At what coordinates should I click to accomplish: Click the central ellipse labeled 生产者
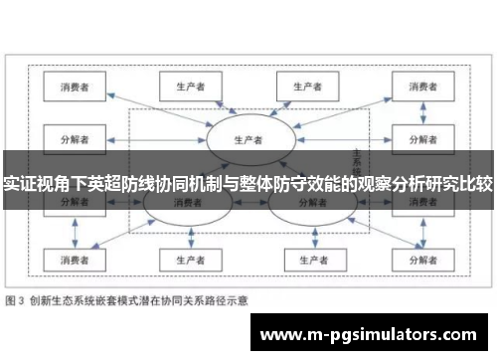pyautogui.click(x=248, y=138)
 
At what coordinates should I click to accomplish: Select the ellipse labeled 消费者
pyautogui.click(x=186, y=202)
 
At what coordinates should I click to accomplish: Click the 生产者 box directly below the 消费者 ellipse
pyautogui.click(x=186, y=260)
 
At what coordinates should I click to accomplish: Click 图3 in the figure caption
pyautogui.click(x=18, y=299)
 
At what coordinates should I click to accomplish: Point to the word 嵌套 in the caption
pyautogui.click(x=108, y=299)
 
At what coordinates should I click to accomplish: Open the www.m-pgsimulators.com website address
pyautogui.click(x=367, y=335)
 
